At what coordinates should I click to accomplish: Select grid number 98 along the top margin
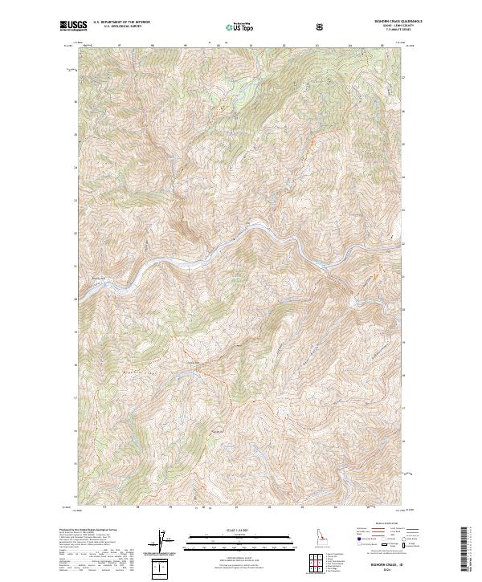pyautogui.click(x=152, y=45)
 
